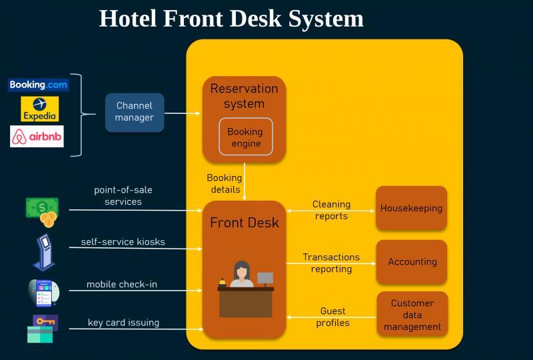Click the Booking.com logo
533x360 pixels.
38,85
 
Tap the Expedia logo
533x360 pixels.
40,109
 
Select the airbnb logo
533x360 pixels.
37,137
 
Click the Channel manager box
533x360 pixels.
135,112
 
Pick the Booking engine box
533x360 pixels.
246,137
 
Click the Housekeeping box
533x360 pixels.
411,208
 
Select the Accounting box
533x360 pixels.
412,261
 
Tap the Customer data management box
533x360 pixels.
412,315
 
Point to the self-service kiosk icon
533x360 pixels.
44,252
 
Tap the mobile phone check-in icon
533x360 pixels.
44,293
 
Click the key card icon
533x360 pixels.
42,329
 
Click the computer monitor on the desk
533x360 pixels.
265,279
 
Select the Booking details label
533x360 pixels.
225,183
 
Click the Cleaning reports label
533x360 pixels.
331,210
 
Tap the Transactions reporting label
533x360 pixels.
331,263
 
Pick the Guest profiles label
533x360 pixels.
332,317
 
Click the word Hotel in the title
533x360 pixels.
128,19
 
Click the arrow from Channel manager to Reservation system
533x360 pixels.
182,113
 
